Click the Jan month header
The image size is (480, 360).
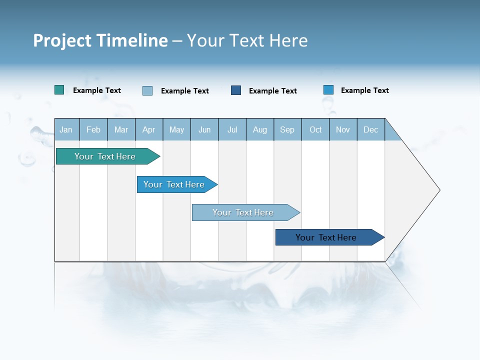point(66,129)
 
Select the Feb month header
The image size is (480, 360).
point(93,129)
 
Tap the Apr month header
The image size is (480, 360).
point(148,129)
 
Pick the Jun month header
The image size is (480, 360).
point(204,129)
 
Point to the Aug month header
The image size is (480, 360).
point(259,129)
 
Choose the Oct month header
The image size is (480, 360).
point(315,129)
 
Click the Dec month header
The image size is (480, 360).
point(370,129)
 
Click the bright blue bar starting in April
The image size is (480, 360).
point(175,184)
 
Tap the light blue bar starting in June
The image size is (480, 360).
point(244,212)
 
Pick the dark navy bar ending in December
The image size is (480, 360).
point(327,237)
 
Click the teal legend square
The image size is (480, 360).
point(59,90)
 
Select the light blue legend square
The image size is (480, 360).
point(147,90)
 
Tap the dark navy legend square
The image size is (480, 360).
point(236,90)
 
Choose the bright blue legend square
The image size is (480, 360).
point(328,90)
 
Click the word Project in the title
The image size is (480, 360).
point(62,40)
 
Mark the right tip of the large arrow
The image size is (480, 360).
point(439,190)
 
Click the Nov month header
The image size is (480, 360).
point(343,129)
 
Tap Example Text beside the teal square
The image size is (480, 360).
point(97,90)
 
